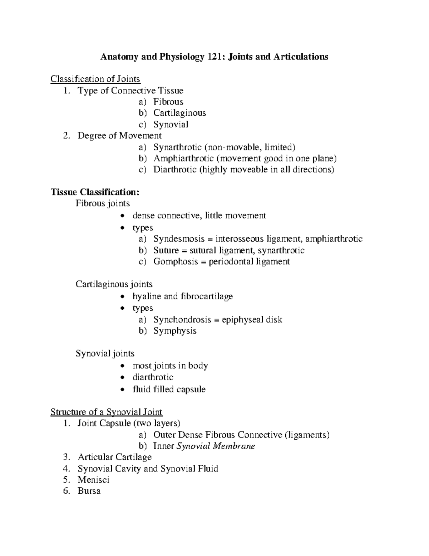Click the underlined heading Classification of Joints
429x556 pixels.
coord(95,79)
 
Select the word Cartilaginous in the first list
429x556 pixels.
coord(179,113)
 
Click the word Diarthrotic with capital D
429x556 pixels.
coord(175,169)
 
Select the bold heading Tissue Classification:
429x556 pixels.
coord(95,192)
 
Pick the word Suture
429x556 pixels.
coord(166,250)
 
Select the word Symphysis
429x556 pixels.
coord(175,331)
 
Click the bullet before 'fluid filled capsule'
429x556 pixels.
coord(123,390)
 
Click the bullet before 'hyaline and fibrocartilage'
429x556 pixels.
coord(123,296)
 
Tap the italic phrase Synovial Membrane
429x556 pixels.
coord(216,446)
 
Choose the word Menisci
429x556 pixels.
coord(93,480)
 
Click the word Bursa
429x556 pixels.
coord(89,491)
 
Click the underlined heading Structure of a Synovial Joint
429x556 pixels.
coord(107,412)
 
